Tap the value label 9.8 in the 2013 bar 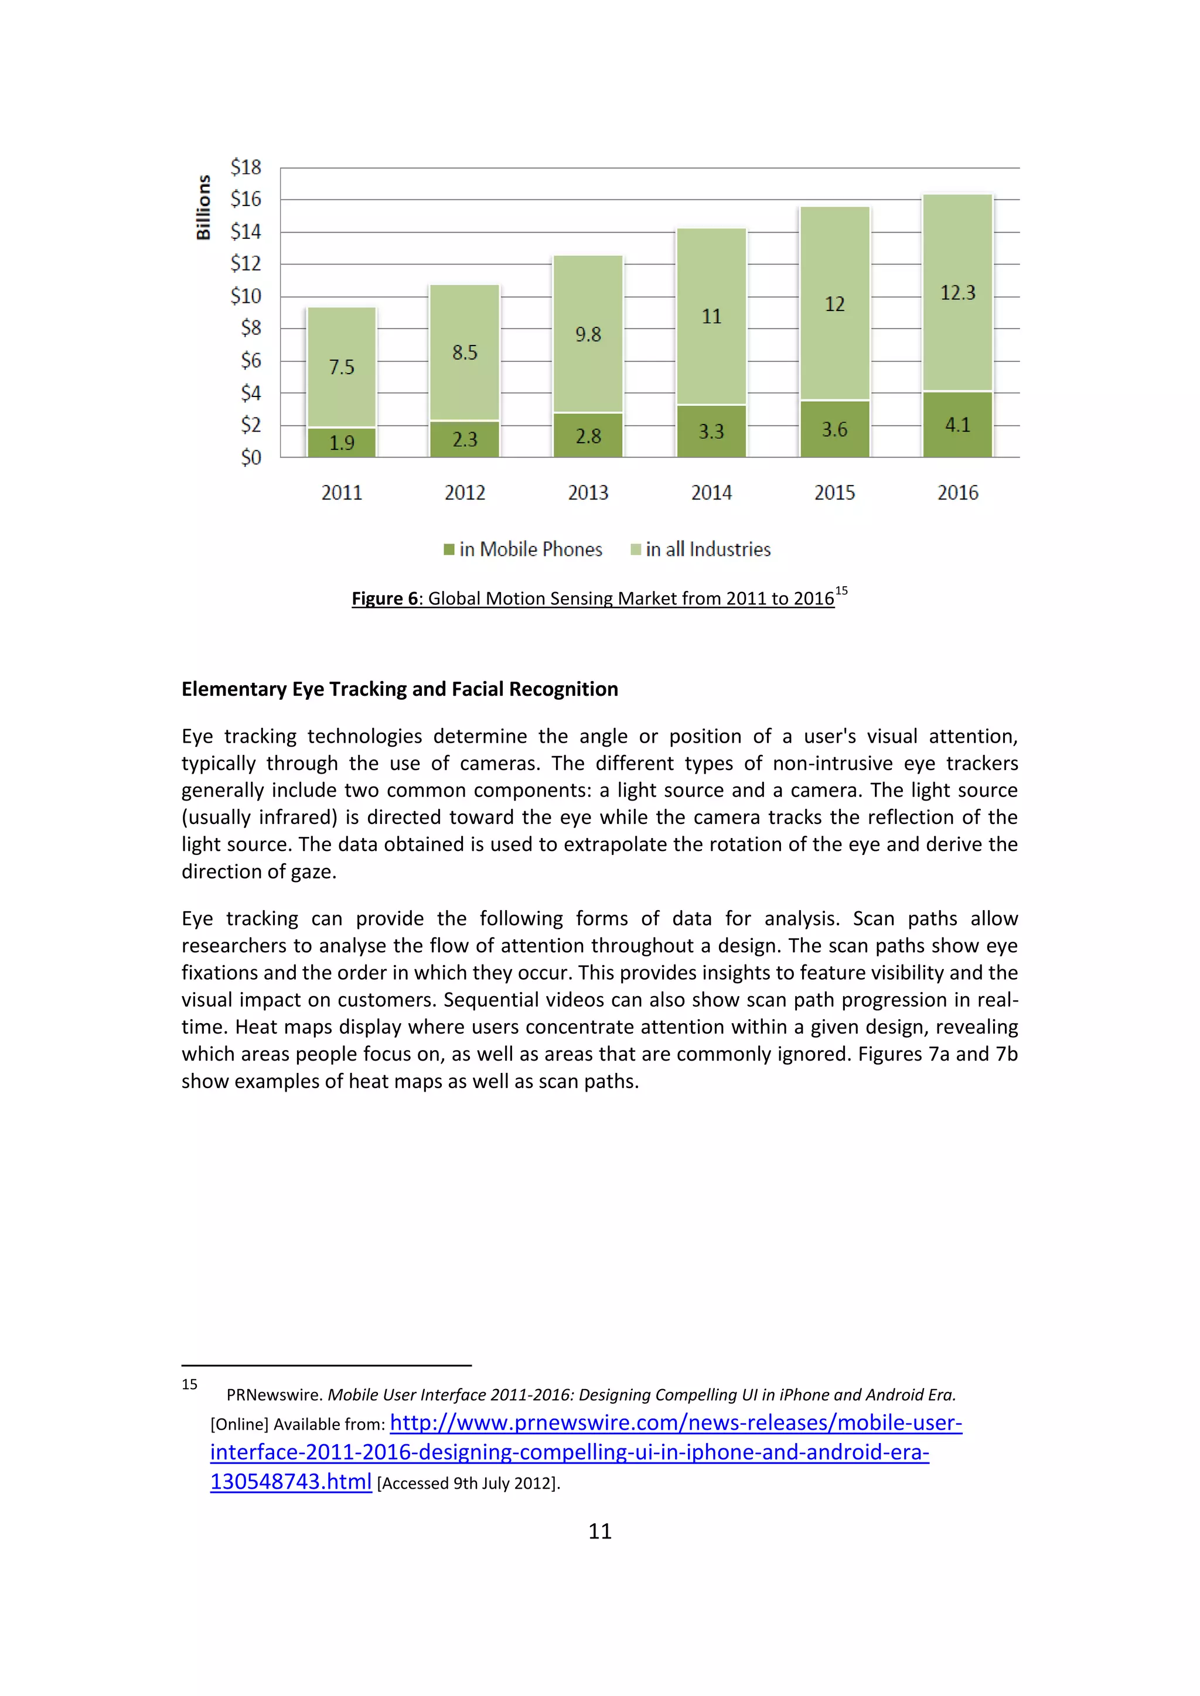coord(588,334)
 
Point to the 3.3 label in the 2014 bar coord(711,432)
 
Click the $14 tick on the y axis coord(246,232)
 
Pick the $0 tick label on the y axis coord(251,458)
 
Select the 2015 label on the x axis coord(834,493)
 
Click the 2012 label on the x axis coord(465,493)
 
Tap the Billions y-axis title coord(203,207)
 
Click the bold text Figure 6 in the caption coord(384,599)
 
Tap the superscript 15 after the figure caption coord(841,591)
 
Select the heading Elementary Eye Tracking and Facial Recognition coord(400,689)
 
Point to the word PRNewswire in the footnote coord(274,1394)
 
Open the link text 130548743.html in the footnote coord(291,1482)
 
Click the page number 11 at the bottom coord(600,1531)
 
